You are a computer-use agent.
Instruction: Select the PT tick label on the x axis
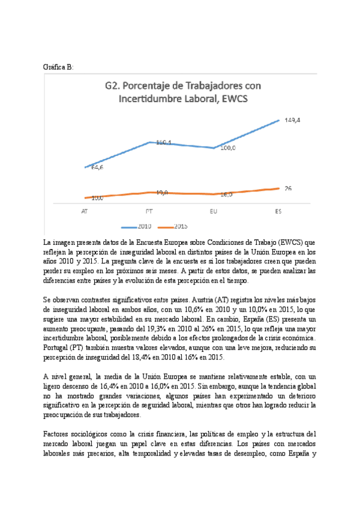click(149, 211)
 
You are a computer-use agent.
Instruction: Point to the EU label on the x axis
click(214, 211)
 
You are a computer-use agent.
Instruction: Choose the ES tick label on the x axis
click(278, 211)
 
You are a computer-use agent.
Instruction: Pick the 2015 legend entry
click(181, 226)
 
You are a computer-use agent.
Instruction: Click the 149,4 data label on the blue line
click(293, 120)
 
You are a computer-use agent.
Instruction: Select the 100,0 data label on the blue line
click(228, 148)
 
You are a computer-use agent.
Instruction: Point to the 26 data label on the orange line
click(288, 188)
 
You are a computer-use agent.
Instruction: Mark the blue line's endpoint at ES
click(279, 120)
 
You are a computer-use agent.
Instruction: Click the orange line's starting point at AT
click(85, 197)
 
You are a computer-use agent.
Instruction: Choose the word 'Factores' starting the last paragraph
click(58, 434)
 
